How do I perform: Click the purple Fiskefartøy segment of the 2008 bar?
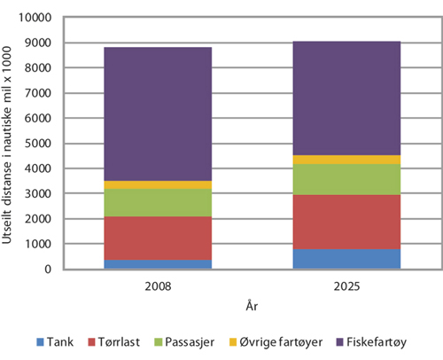click(x=158, y=113)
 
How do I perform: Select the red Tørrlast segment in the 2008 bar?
click(x=158, y=238)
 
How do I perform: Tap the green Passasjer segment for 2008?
click(x=158, y=202)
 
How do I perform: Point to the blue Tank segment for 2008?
click(x=158, y=264)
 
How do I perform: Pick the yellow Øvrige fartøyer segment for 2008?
click(x=158, y=184)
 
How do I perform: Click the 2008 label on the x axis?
click(x=158, y=286)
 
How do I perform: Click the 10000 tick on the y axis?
click(x=38, y=18)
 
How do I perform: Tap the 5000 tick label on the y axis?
click(x=41, y=144)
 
